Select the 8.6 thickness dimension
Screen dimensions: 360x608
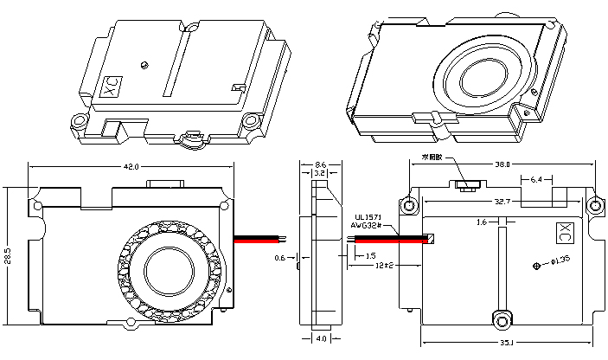[x=319, y=164]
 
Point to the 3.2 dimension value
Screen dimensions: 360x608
[x=319, y=173]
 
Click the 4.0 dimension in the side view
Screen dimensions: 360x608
[x=320, y=339]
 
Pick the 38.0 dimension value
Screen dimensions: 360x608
[x=502, y=164]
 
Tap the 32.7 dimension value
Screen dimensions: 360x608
[x=502, y=201]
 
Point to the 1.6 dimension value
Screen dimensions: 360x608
[x=482, y=222]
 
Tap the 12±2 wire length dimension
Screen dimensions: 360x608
[x=386, y=266]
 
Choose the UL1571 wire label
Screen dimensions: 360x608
[x=369, y=216]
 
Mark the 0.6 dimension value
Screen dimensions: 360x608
[x=279, y=257]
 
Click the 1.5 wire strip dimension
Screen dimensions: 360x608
[x=370, y=256]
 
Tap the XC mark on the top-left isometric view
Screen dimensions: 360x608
[x=110, y=87]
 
